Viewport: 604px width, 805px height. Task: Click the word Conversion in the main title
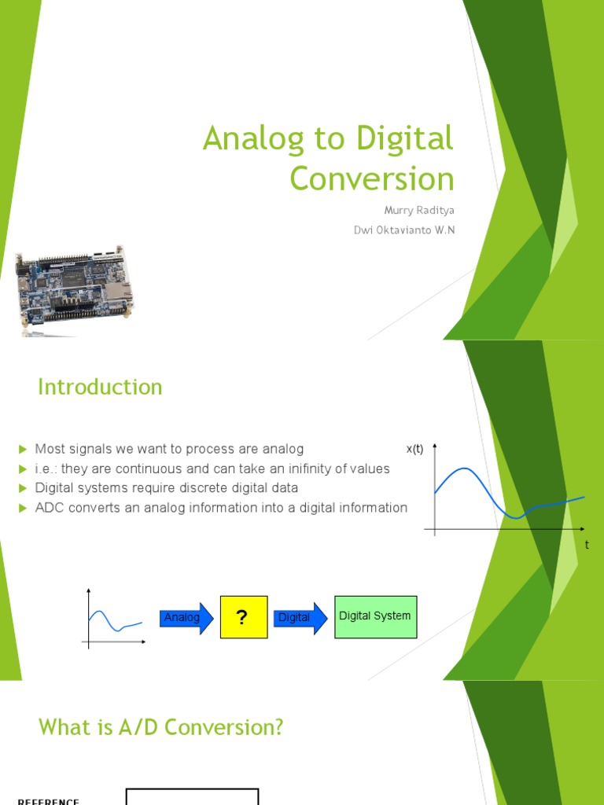pos(371,178)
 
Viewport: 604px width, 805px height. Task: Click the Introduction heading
pos(100,387)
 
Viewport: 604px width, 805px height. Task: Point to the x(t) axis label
pos(414,449)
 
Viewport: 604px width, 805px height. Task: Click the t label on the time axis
pos(587,545)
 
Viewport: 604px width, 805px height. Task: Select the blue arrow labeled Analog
pos(185,618)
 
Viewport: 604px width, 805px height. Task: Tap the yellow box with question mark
pos(242,617)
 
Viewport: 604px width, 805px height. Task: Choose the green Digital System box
pos(375,616)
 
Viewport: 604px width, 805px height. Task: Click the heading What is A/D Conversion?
pos(160,728)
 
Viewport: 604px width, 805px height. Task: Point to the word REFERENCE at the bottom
pos(48,801)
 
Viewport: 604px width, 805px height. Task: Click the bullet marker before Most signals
pos(23,449)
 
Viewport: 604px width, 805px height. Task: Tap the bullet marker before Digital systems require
pos(23,488)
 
